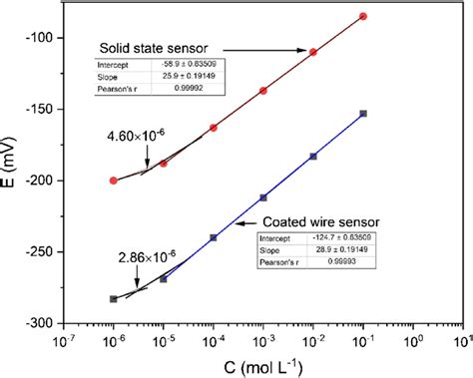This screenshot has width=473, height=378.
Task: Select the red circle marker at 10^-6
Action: pyautogui.click(x=114, y=181)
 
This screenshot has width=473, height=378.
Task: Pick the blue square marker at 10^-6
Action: pyautogui.click(x=114, y=298)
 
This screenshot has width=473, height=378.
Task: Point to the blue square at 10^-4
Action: pyautogui.click(x=214, y=237)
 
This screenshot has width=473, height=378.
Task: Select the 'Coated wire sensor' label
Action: pyautogui.click(x=310, y=223)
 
